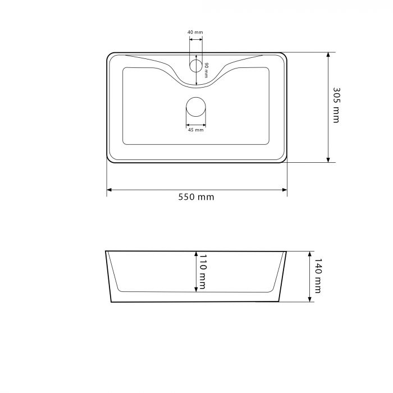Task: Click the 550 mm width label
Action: [196, 197]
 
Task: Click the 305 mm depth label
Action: [336, 105]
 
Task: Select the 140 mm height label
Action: [318, 276]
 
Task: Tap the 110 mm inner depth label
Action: [203, 271]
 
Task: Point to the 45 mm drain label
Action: [196, 130]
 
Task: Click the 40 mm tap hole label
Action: [195, 33]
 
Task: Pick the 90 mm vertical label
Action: [206, 70]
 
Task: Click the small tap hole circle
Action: [196, 66]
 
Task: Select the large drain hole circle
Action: [196, 107]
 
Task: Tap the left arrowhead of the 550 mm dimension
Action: [109, 190]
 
